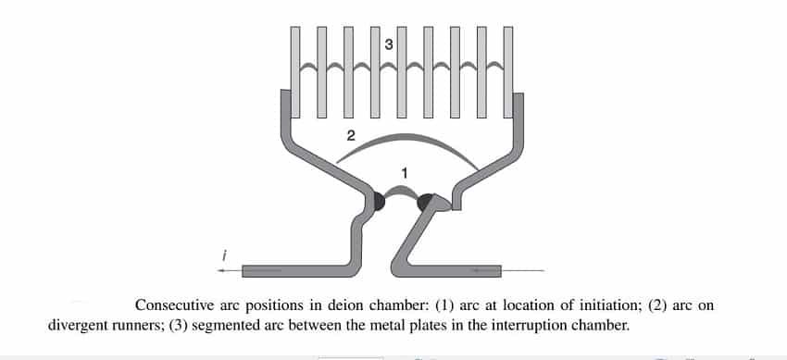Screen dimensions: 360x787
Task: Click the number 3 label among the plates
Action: point(389,43)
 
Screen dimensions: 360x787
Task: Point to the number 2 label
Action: point(350,135)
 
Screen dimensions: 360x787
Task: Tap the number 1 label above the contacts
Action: point(404,171)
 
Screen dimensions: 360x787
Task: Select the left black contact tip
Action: point(377,201)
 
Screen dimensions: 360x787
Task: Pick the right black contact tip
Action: point(428,202)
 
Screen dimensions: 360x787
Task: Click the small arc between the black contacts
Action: point(403,190)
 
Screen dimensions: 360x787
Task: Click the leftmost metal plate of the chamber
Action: point(296,70)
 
